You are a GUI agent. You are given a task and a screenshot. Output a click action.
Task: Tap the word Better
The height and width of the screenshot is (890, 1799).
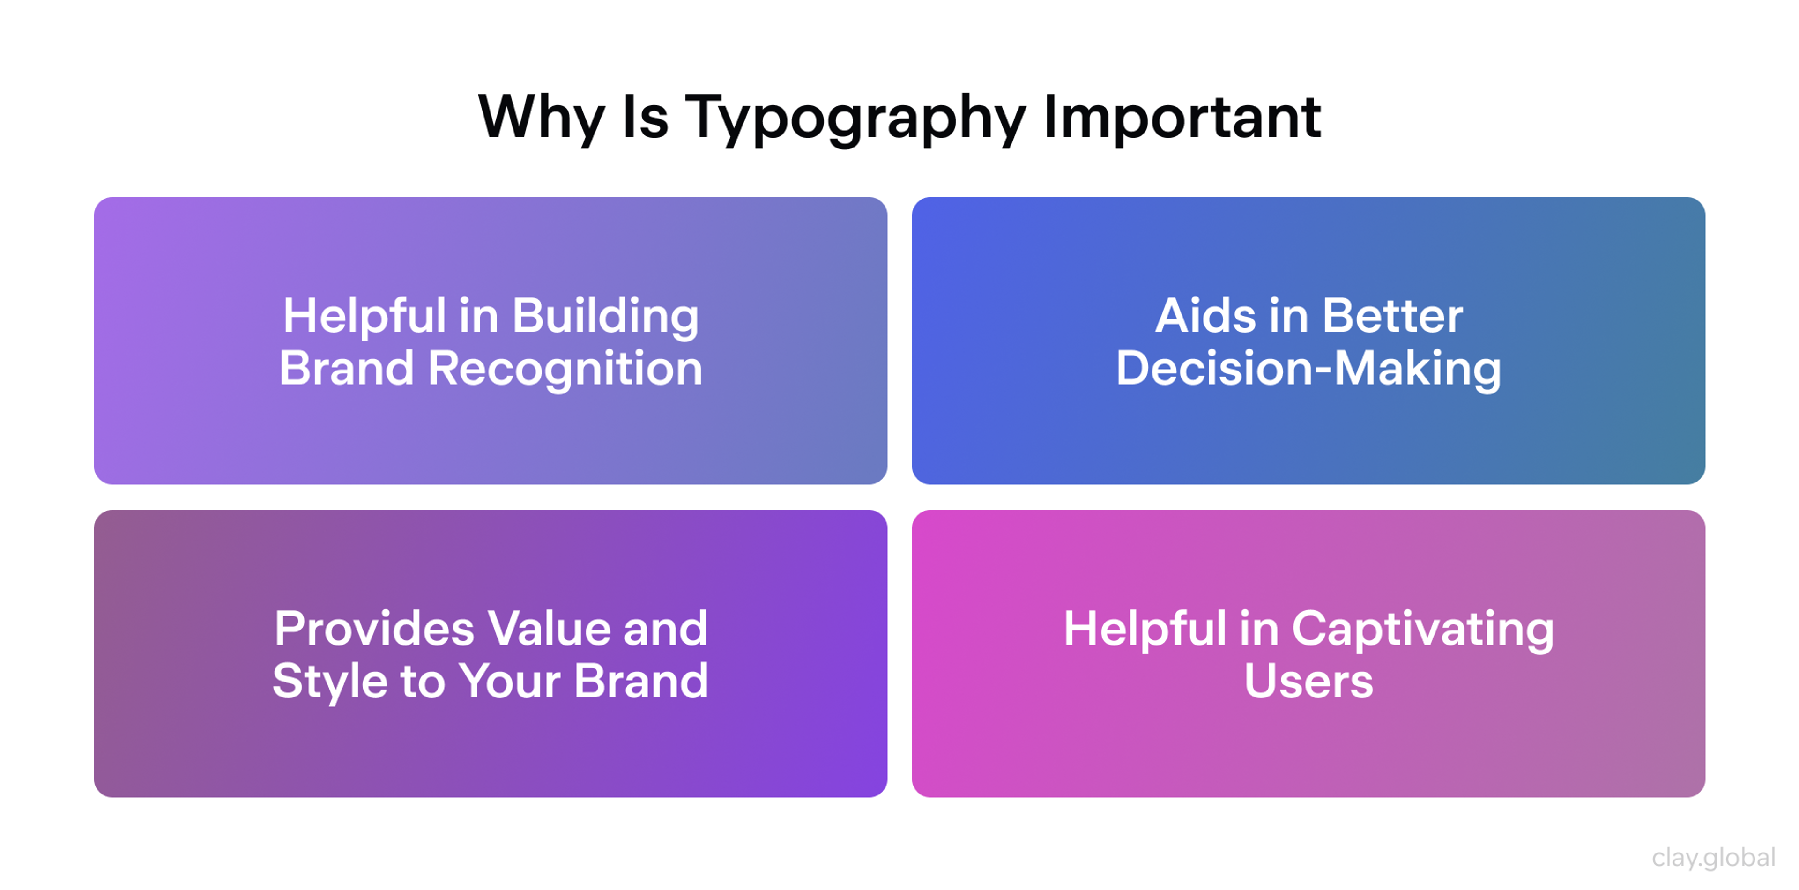tap(1392, 316)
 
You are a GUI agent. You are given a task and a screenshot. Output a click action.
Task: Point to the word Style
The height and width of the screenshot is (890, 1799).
tap(329, 682)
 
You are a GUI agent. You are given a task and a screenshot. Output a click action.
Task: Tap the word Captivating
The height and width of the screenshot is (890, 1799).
tap(1423, 630)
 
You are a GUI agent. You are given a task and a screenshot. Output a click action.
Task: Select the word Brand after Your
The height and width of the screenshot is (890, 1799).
tap(640, 682)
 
